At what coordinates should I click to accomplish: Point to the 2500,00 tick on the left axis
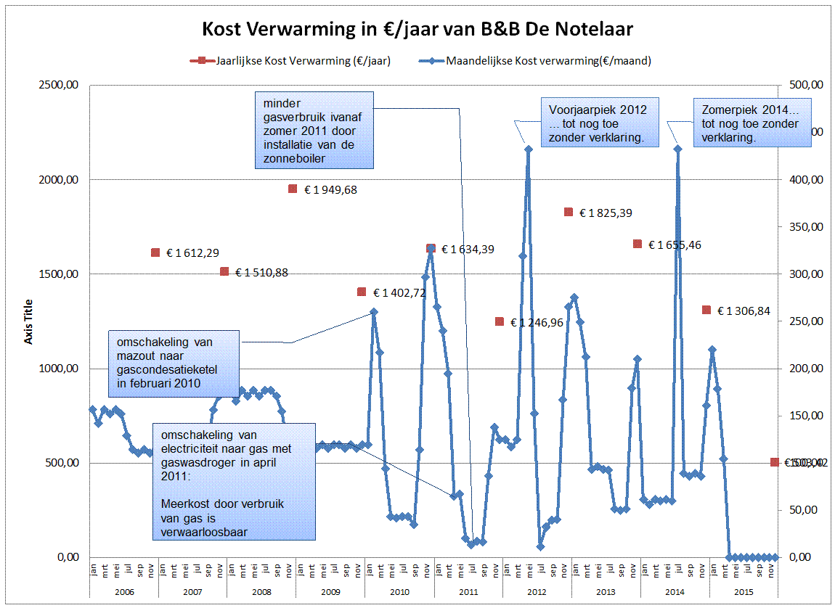coord(60,86)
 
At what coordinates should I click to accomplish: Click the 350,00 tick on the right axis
coord(804,227)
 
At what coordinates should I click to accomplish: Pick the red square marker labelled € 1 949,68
coord(293,189)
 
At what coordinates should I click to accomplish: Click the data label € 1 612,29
coord(193,253)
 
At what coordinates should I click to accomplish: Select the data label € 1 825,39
coord(607,213)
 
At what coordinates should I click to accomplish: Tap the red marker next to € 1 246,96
coord(500,321)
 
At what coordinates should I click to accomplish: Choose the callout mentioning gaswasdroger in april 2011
coord(234,481)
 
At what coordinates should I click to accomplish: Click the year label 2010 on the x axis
coord(399,592)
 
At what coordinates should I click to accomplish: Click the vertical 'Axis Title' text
coord(29,321)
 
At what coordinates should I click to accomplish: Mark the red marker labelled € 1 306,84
coord(706,310)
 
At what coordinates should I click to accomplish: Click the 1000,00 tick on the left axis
coord(60,369)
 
